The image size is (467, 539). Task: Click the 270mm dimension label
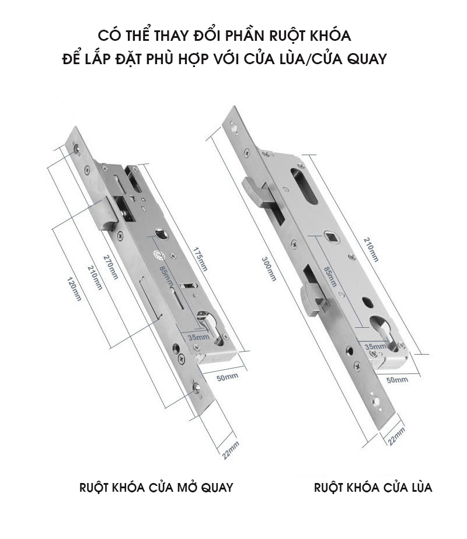tap(110, 266)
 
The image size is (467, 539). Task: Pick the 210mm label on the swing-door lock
tap(95, 278)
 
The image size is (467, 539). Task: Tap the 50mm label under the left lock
tap(227, 377)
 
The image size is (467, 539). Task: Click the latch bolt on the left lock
tap(104, 212)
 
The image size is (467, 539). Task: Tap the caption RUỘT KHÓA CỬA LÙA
tap(373, 488)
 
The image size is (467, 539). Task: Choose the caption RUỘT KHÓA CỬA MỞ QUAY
tap(156, 488)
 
